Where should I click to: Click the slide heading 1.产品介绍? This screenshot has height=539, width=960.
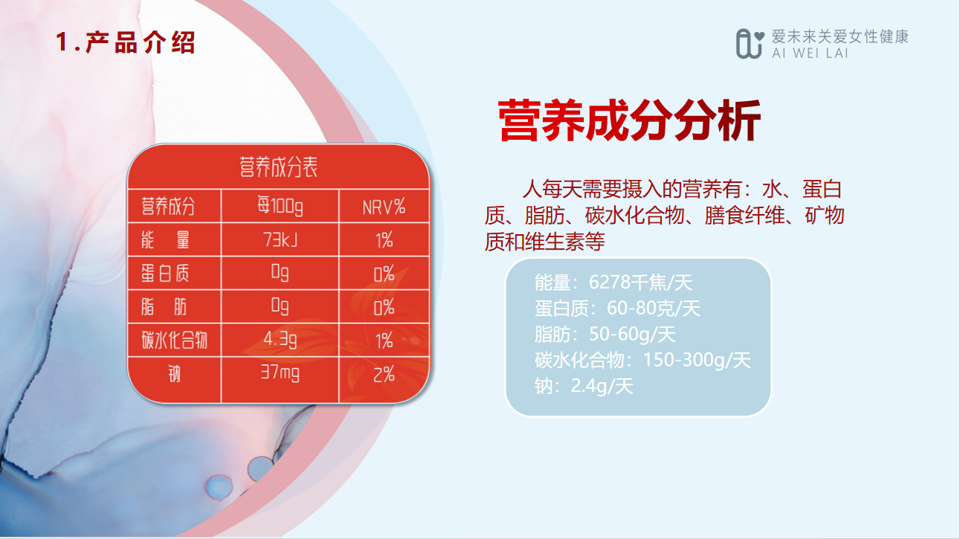click(x=126, y=42)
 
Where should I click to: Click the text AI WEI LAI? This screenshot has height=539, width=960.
click(x=810, y=53)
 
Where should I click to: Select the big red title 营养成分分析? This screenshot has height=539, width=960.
click(x=629, y=120)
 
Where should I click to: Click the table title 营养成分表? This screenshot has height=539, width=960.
click(x=279, y=167)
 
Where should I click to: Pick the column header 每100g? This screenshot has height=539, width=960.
click(x=280, y=206)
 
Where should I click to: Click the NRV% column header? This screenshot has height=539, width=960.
click(x=384, y=207)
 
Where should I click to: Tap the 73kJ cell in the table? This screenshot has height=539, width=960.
click(x=280, y=239)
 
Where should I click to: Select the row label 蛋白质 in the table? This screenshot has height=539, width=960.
click(x=165, y=274)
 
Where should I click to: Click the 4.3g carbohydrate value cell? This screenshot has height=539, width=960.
click(x=280, y=340)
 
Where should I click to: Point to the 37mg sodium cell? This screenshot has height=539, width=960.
click(x=280, y=372)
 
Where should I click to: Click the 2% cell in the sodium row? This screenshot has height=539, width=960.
click(x=384, y=375)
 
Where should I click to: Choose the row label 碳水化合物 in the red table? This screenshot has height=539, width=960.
click(x=175, y=340)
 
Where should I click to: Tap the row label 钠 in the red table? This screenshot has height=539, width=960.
click(x=175, y=374)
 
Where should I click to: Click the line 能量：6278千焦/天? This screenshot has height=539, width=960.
click(x=613, y=283)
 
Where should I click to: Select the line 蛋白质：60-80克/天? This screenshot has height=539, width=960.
click(x=617, y=309)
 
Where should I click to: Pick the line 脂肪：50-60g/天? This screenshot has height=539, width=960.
click(x=605, y=335)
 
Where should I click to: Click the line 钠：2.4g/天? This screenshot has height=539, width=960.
click(x=584, y=386)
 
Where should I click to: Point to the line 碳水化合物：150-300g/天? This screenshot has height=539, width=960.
click(x=642, y=360)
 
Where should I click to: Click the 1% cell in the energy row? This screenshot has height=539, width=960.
click(x=384, y=240)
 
